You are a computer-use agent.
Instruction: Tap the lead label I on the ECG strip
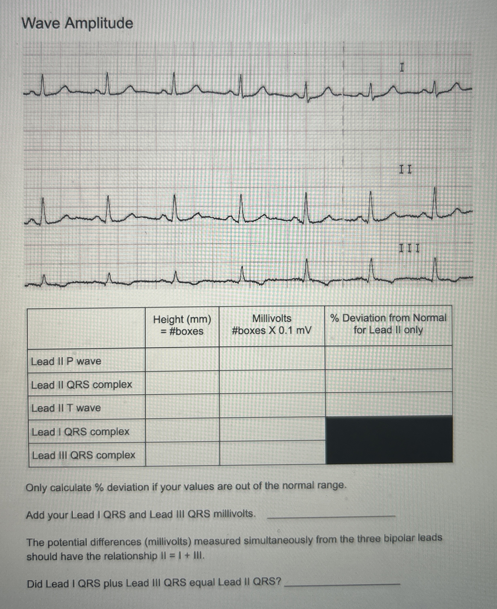point(402,68)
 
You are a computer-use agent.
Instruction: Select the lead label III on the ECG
point(409,248)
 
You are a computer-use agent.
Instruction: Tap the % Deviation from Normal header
point(388,324)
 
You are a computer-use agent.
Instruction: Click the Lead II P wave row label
point(66,361)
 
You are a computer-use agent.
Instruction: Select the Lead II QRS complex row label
point(82,385)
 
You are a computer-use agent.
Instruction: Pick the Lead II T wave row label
point(66,408)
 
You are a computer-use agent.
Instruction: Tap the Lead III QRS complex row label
point(84,455)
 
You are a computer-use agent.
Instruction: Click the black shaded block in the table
point(389,440)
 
